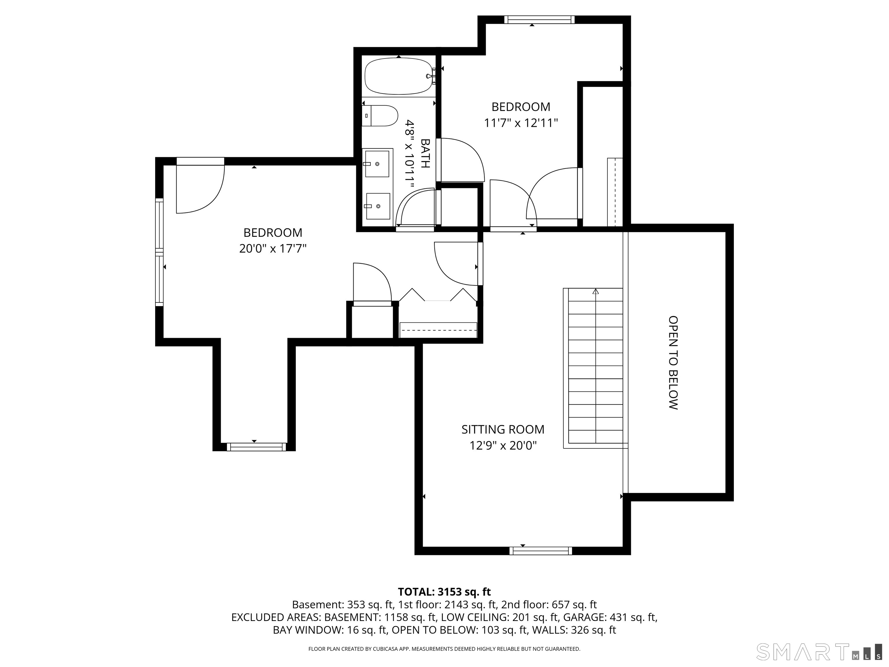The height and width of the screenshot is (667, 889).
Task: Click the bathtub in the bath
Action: coord(399,76)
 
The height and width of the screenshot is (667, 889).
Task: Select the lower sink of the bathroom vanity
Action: coord(378,206)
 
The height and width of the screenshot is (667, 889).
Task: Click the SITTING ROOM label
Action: coord(503,429)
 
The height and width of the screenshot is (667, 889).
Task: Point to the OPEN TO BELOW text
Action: coord(673,363)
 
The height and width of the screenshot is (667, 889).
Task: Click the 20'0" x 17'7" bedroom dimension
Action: coord(273,248)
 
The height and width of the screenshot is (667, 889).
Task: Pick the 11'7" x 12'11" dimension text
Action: coord(521,123)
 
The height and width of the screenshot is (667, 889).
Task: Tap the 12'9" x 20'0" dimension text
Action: coord(503,446)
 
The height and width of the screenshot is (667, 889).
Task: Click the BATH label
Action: coord(425,153)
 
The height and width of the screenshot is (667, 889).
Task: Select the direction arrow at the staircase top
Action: coord(596,291)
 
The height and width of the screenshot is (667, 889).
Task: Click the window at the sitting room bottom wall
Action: coord(541,551)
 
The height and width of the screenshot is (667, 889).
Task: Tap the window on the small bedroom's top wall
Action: coord(539,19)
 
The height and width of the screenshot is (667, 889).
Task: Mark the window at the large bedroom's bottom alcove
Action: coord(256,447)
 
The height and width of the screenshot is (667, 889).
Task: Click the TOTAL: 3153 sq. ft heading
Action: coord(444,592)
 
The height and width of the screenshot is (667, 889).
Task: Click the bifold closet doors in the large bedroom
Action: coord(438,295)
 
